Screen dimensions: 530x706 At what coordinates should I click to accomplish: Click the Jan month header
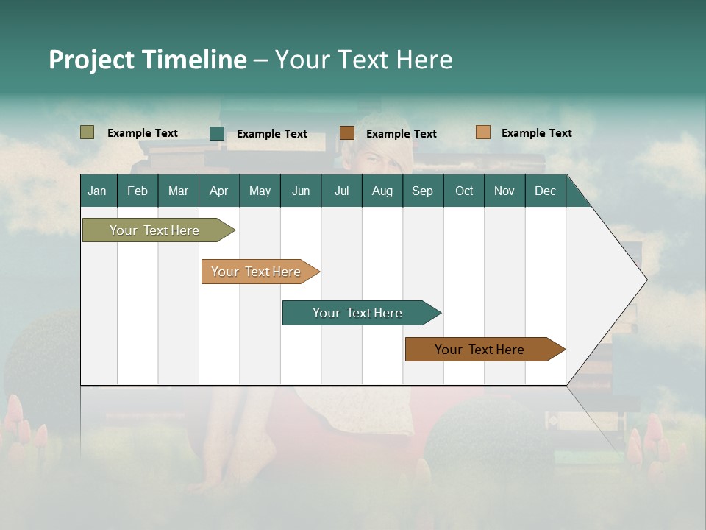97,191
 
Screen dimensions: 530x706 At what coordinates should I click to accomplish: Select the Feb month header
138,191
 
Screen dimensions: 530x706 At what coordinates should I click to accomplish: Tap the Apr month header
218,191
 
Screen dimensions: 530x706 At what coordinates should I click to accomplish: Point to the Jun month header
301,191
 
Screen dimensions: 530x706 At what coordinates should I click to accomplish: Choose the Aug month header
382,191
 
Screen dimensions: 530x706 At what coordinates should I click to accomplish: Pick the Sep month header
422,191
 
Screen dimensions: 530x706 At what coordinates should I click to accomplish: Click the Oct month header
464,191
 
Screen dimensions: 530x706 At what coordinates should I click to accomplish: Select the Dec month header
545,191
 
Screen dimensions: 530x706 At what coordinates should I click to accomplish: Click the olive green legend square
88,132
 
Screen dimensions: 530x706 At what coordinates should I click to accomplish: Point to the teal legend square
217,133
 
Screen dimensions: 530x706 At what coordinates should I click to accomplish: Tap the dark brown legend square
347,132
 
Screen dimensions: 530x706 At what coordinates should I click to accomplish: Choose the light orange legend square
482,132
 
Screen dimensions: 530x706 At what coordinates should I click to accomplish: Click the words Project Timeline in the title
147,60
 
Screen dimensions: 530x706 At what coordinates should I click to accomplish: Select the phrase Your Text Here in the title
363,60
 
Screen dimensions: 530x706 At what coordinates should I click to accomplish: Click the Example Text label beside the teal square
271,134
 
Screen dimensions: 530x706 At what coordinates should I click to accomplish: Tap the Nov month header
504,191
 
